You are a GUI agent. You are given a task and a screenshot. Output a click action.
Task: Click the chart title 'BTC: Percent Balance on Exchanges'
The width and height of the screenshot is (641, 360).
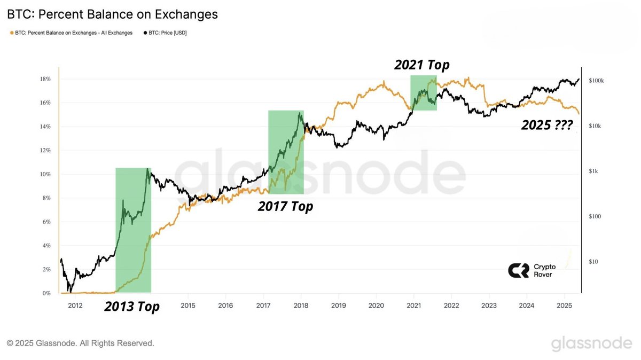pyautogui.click(x=112, y=14)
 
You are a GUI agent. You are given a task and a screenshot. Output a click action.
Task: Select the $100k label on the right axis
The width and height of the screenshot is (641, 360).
pyautogui.click(x=596, y=81)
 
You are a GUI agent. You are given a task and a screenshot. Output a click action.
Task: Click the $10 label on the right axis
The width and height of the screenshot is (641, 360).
pyautogui.click(x=593, y=262)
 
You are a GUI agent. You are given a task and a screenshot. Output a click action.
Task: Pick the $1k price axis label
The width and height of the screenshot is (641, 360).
pyautogui.click(x=593, y=171)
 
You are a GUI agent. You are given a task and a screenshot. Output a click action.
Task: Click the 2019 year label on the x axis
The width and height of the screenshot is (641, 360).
pyautogui.click(x=338, y=306)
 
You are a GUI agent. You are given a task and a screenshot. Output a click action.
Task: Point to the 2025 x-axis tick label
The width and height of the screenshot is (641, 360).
pyautogui.click(x=565, y=306)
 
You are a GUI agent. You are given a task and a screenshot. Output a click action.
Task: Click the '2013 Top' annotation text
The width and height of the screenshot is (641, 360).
pyautogui.click(x=131, y=307)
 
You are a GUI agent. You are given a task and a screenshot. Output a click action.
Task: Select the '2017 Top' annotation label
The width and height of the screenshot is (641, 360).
pyautogui.click(x=285, y=206)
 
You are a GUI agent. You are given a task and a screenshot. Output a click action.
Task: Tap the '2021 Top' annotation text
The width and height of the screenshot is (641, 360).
pyautogui.click(x=422, y=65)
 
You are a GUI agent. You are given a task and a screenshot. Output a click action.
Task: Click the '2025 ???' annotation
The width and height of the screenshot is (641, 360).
pyautogui.click(x=547, y=126)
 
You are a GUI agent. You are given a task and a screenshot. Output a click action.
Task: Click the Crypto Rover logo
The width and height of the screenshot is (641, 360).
pyautogui.click(x=531, y=270)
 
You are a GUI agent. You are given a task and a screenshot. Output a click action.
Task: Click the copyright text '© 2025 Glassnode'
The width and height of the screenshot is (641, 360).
pyautogui.click(x=80, y=343)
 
